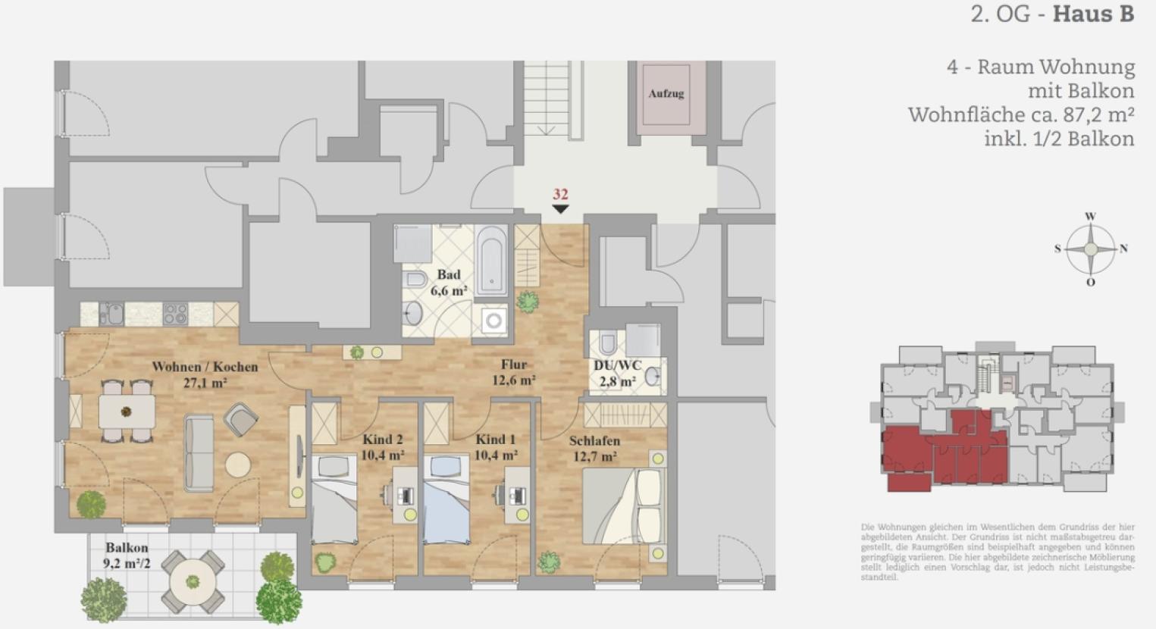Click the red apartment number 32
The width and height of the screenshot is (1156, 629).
[x=560, y=195]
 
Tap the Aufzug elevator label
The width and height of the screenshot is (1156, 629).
[x=666, y=94]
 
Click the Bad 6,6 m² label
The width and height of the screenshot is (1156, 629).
[x=448, y=282]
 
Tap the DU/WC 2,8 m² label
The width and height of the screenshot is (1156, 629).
[x=617, y=374]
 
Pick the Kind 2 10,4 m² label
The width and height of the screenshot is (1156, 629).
[x=382, y=447]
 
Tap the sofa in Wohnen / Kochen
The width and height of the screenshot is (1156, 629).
[x=199, y=454]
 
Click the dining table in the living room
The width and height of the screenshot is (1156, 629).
[x=127, y=412]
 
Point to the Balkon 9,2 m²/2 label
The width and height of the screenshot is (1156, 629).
[x=127, y=555]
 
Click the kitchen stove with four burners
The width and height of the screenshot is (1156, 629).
[x=175, y=314]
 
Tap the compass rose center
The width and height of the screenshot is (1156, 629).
[x=1090, y=249]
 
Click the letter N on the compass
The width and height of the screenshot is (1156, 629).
[x=1124, y=249]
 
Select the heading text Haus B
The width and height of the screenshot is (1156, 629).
[x=1093, y=14]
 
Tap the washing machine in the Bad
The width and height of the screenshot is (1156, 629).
[x=494, y=321]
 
